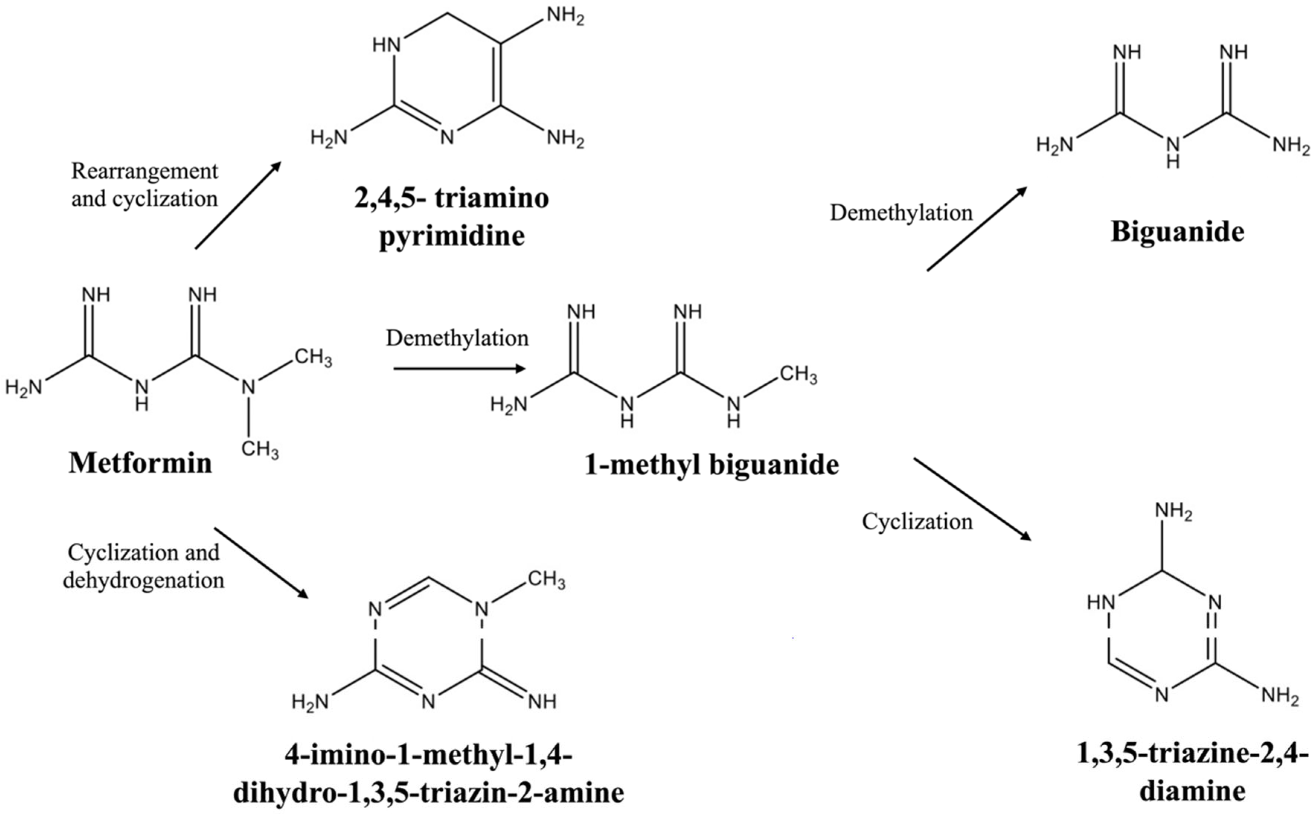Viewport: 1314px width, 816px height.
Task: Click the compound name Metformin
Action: coord(140,463)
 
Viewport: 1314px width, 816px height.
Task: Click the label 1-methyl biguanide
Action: coord(712,465)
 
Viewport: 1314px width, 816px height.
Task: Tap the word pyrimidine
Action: coord(452,237)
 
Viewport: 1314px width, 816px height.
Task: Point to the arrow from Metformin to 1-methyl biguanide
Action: coord(459,369)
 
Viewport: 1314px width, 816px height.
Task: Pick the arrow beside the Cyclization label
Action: coord(972,499)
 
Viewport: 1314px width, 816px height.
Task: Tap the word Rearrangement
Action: coord(145,171)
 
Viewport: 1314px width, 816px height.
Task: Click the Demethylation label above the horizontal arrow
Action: coord(457,338)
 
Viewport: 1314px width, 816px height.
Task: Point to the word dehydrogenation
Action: coord(144,581)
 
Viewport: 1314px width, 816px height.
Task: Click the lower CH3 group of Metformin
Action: coord(260,449)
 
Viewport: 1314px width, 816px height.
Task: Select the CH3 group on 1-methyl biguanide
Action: coord(798,374)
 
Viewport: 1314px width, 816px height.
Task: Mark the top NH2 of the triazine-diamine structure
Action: coord(1173,511)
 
